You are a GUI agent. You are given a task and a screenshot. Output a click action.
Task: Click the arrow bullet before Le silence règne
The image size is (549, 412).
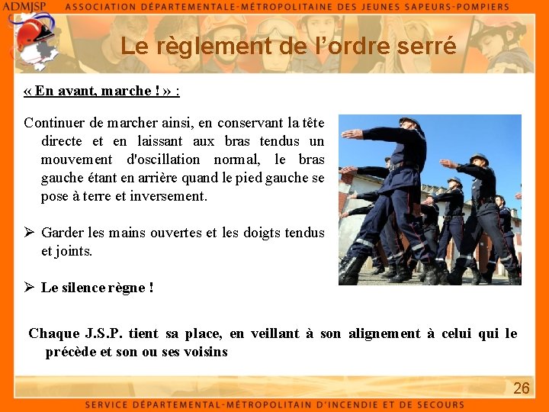pyautogui.click(x=29, y=288)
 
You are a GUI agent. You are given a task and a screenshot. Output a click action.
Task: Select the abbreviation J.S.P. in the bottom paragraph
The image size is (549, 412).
pyautogui.click(x=101, y=333)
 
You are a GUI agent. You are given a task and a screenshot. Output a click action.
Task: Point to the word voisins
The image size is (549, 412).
pyautogui.click(x=205, y=352)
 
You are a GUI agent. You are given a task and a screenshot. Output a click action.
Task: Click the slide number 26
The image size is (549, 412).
pyautogui.click(x=521, y=388)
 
